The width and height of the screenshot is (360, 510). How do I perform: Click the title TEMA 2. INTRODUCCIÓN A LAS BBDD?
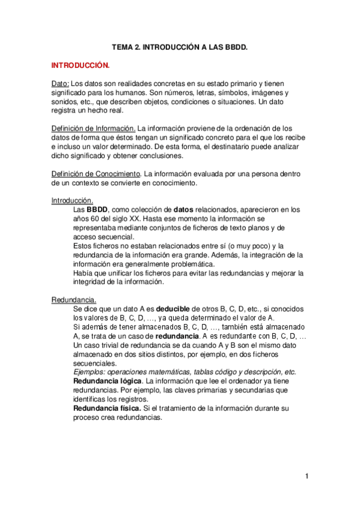tap(180, 46)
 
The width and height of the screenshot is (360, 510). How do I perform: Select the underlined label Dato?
tap(60, 84)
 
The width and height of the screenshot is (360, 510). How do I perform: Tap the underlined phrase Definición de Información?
tap(93, 128)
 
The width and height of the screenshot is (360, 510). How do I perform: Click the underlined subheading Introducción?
tap(72, 200)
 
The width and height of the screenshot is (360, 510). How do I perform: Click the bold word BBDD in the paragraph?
tap(97, 209)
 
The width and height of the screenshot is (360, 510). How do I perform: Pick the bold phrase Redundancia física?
tap(107, 408)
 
